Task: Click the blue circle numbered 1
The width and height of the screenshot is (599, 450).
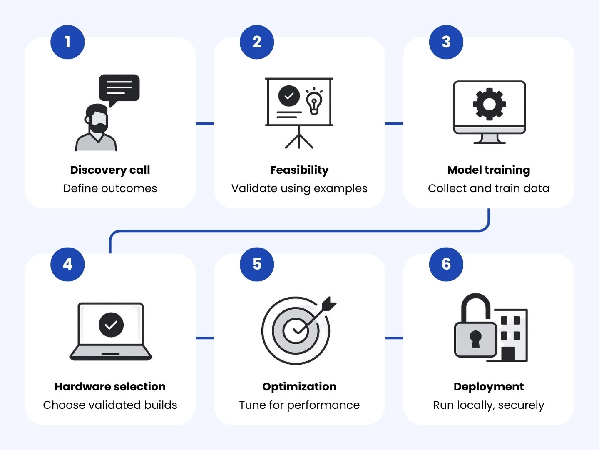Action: (67, 42)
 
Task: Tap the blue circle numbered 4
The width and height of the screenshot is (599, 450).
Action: (67, 264)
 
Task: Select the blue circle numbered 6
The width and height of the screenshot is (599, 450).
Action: (446, 264)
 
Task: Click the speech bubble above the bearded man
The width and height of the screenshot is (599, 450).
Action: (119, 88)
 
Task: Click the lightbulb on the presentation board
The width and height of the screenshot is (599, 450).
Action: (314, 101)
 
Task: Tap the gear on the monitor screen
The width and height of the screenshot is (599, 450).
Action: (489, 104)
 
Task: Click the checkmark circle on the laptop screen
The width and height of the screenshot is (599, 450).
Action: (111, 325)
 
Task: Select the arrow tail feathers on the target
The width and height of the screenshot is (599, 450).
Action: (329, 304)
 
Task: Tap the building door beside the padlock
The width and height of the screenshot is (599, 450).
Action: (508, 354)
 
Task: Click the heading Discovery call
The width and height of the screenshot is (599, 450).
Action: (110, 170)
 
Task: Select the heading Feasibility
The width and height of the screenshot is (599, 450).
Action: (299, 170)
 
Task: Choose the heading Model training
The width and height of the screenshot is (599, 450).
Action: (489, 170)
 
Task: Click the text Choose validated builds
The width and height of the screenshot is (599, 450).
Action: (110, 405)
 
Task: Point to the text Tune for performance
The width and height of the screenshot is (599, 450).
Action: (299, 405)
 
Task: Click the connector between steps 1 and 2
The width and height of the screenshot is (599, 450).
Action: (205, 124)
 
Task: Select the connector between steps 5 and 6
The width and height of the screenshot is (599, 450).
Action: (394, 338)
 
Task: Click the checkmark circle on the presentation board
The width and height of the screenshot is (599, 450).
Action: (289, 96)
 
